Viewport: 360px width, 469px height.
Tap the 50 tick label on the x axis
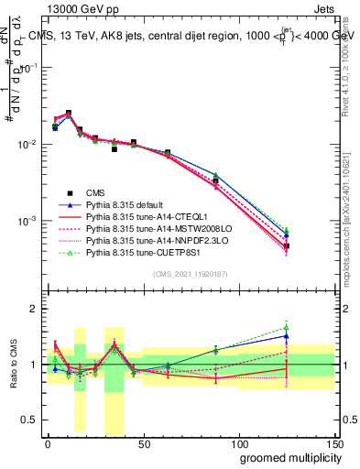point(143,442)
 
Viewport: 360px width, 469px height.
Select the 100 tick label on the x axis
point(238,442)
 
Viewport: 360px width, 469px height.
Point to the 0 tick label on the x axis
point(48,442)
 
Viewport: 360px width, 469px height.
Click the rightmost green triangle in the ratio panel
point(287,327)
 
